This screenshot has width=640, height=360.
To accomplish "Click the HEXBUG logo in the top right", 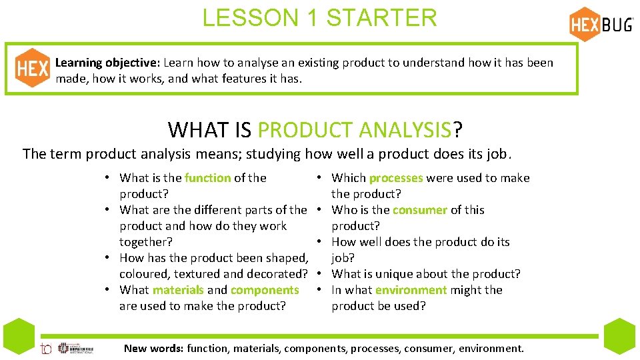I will coord(601,24).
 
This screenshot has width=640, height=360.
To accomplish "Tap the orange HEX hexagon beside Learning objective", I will coord(32,68).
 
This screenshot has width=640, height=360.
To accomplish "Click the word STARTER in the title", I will coord(381,18).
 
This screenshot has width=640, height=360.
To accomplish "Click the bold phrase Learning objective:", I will coord(107,63).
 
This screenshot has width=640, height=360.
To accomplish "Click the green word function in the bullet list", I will coord(207,178).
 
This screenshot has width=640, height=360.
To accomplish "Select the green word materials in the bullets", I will coord(178,290).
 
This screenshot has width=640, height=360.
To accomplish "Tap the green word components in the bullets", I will coord(264,290).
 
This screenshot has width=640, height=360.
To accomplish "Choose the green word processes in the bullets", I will coord(395,178).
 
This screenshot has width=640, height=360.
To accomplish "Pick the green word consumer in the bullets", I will coord(419,210).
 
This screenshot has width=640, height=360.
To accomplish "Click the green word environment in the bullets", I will coord(411,290).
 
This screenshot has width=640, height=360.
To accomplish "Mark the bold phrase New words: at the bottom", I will coord(154,348).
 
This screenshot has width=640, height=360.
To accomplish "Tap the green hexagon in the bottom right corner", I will coord(621,337).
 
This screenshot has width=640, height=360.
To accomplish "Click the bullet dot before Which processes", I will coord(320,178).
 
